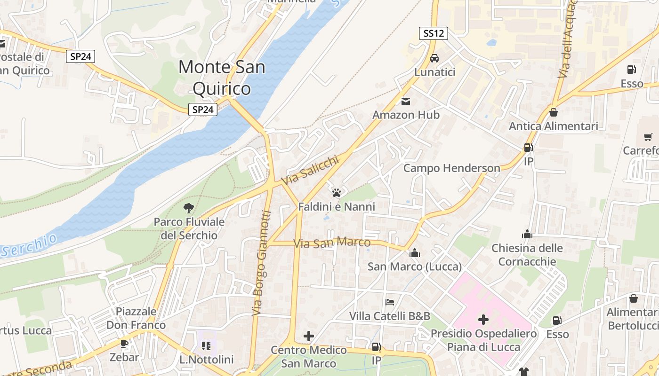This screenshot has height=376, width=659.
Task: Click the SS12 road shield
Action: click(x=433, y=33)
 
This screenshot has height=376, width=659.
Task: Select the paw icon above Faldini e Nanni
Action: click(x=336, y=192)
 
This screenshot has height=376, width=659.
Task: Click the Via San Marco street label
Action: click(x=332, y=243)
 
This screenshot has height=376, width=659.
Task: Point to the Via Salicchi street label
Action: click(x=310, y=171)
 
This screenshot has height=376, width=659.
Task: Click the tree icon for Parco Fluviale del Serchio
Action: click(x=189, y=208)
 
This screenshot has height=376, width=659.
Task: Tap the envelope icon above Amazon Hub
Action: click(x=406, y=101)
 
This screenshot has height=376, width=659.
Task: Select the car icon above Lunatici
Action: click(x=434, y=58)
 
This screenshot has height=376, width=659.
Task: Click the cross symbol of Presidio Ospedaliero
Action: click(x=483, y=320)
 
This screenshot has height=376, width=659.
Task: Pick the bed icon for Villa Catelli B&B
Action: click(x=390, y=302)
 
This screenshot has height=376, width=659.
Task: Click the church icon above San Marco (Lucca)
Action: click(x=415, y=253)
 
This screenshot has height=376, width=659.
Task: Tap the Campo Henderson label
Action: click(x=451, y=168)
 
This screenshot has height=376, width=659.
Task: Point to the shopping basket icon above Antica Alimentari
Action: click(x=554, y=112)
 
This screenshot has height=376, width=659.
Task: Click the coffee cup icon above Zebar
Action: click(x=124, y=344)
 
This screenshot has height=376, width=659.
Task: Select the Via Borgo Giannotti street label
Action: click(x=262, y=263)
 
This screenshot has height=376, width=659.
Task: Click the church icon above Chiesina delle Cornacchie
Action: click(x=527, y=234)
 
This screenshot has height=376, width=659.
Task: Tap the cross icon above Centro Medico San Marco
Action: click(x=309, y=336)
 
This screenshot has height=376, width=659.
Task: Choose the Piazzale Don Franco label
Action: click(x=136, y=318)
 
